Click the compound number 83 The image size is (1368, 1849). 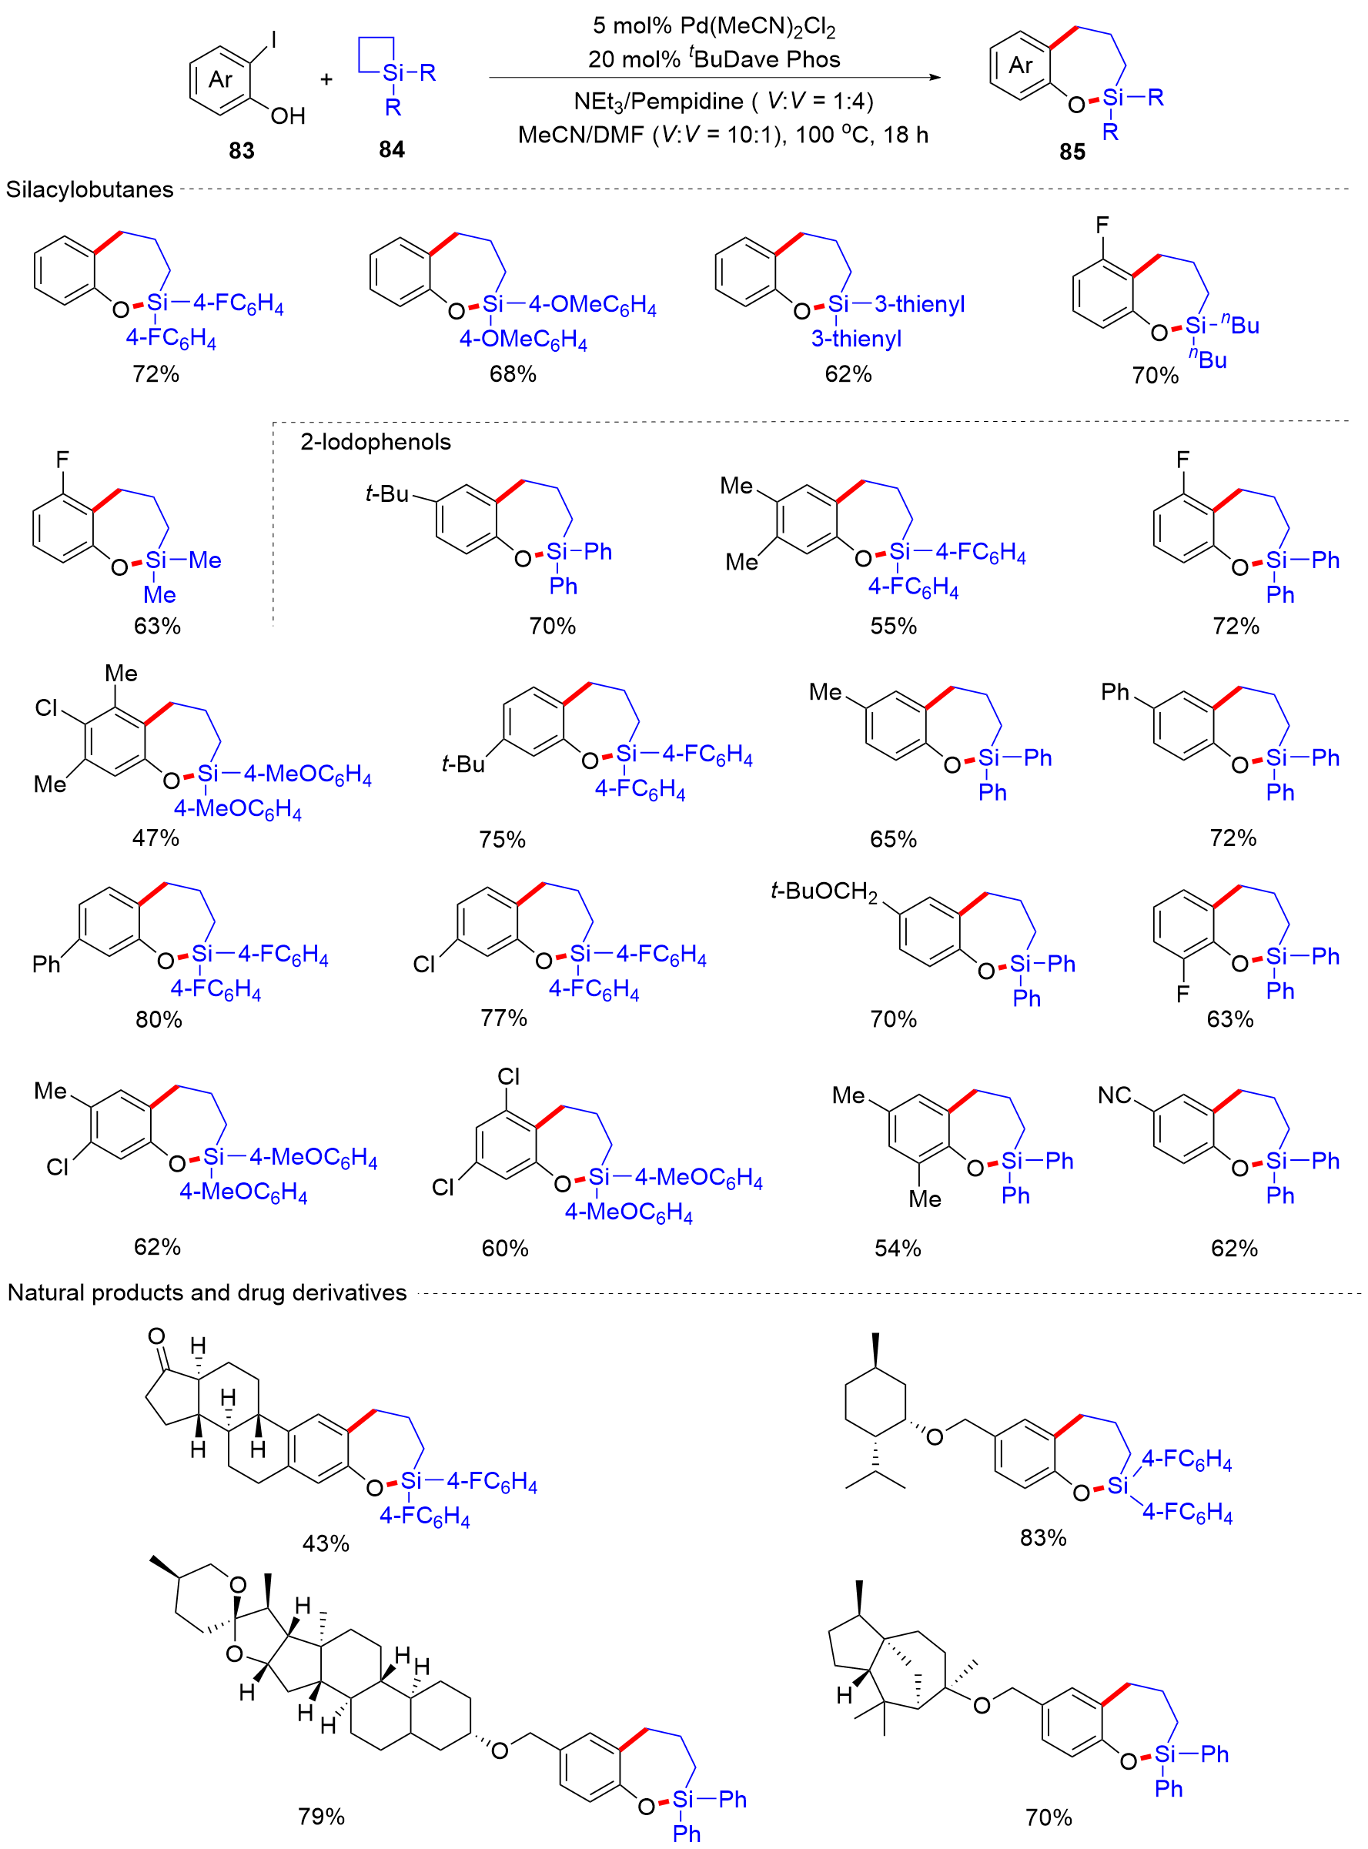point(241,151)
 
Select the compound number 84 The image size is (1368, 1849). point(392,149)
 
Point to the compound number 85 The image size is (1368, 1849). point(1072,152)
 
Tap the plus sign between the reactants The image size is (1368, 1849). point(326,79)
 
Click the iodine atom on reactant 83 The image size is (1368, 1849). point(274,40)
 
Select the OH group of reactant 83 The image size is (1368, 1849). point(287,116)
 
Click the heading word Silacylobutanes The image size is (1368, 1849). point(89,189)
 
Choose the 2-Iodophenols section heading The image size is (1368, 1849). point(375,442)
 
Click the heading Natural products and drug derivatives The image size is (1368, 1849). point(207,1292)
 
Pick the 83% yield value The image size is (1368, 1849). point(1042,1538)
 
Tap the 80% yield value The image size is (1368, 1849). point(158,1019)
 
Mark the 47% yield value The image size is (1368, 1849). point(156,838)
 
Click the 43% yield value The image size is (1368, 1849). point(326,1543)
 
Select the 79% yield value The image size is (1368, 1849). point(321,1817)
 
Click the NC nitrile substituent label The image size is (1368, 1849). point(1115,1095)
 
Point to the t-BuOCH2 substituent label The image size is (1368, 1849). point(823,892)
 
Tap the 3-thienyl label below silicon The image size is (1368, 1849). point(856,339)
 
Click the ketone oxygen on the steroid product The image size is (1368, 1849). point(156,1336)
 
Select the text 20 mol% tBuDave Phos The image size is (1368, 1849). point(714,59)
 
